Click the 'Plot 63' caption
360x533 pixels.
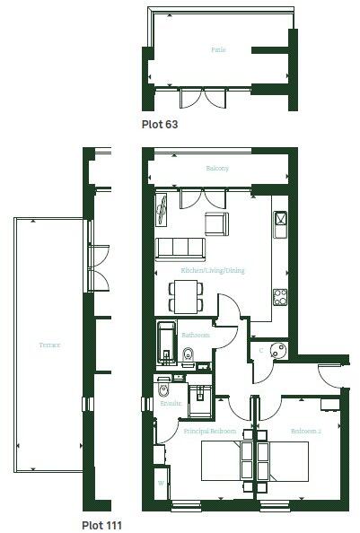pos(160,125)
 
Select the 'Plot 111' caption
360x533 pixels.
pos(101,524)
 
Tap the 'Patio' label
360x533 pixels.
pos(218,50)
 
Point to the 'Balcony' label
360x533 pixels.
pos(218,169)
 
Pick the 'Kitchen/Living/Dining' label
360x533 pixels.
pos(213,270)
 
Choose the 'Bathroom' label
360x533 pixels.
pos(195,335)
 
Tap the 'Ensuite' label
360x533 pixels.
pos(171,404)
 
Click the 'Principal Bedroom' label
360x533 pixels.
pos(209,432)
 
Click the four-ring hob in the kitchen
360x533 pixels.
pos(279,295)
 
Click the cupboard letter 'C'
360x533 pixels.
pos(261,349)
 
